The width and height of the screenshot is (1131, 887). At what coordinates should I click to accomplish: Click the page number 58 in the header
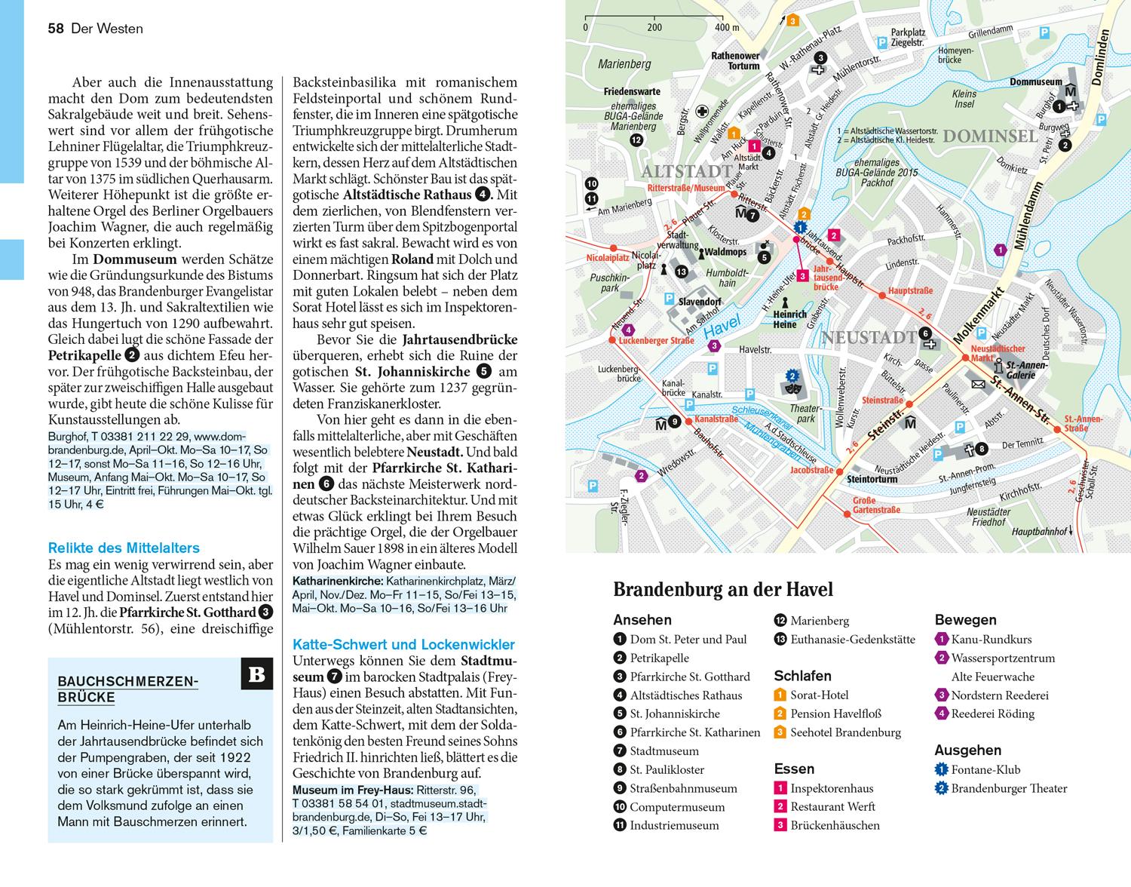(x=55, y=29)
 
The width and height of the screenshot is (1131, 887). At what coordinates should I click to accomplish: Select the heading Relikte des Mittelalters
(x=124, y=548)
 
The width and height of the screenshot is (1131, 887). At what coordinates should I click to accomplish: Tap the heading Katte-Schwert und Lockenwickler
(x=403, y=645)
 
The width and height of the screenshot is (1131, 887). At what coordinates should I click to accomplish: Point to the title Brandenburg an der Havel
(x=723, y=590)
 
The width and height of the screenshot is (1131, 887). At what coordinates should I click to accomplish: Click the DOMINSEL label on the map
(x=990, y=137)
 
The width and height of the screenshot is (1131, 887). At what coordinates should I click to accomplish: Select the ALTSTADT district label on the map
(x=686, y=172)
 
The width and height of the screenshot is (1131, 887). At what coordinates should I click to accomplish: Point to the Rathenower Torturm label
(x=735, y=60)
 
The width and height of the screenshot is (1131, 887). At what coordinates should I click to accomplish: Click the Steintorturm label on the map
(x=872, y=479)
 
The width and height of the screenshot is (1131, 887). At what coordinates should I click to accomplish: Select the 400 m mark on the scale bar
(x=727, y=28)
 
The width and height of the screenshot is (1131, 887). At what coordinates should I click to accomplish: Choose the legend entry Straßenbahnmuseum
(x=683, y=788)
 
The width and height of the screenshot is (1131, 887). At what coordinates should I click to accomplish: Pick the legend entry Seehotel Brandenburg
(x=845, y=732)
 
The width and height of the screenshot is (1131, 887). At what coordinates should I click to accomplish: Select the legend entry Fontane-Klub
(x=985, y=769)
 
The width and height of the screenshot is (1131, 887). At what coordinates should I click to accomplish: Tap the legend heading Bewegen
(x=965, y=620)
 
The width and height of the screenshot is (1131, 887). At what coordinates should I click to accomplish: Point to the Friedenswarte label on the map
(x=632, y=91)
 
